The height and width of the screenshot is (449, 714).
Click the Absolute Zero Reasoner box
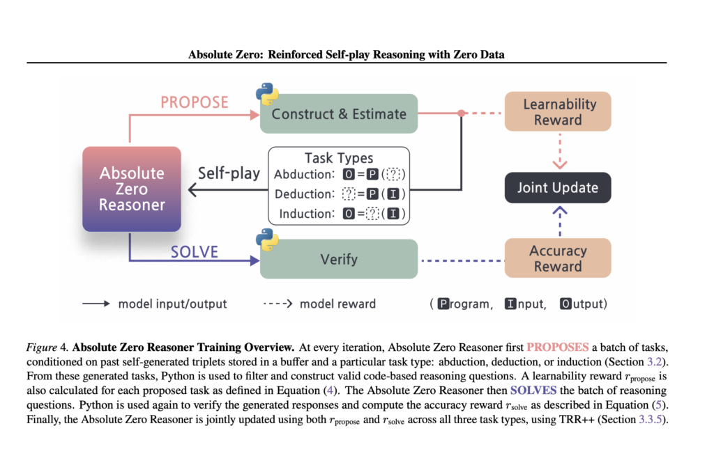[x=132, y=189]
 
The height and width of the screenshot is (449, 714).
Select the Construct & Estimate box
[x=339, y=113]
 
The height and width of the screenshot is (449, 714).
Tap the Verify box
[x=339, y=260]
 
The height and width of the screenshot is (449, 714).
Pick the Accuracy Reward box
[x=558, y=258]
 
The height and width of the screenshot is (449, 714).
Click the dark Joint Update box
[x=558, y=187]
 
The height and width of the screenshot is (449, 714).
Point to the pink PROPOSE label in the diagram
[x=195, y=102]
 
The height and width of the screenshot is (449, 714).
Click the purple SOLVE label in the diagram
[x=195, y=252]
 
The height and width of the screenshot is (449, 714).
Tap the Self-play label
[x=229, y=173]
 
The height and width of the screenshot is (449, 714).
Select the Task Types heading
[x=339, y=158]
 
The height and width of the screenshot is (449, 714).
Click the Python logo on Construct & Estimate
[x=265, y=93]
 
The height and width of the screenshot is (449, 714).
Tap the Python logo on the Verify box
[x=265, y=240]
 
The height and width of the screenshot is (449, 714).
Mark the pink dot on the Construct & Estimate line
[x=460, y=113]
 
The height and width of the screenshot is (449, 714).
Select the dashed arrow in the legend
[x=278, y=304]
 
